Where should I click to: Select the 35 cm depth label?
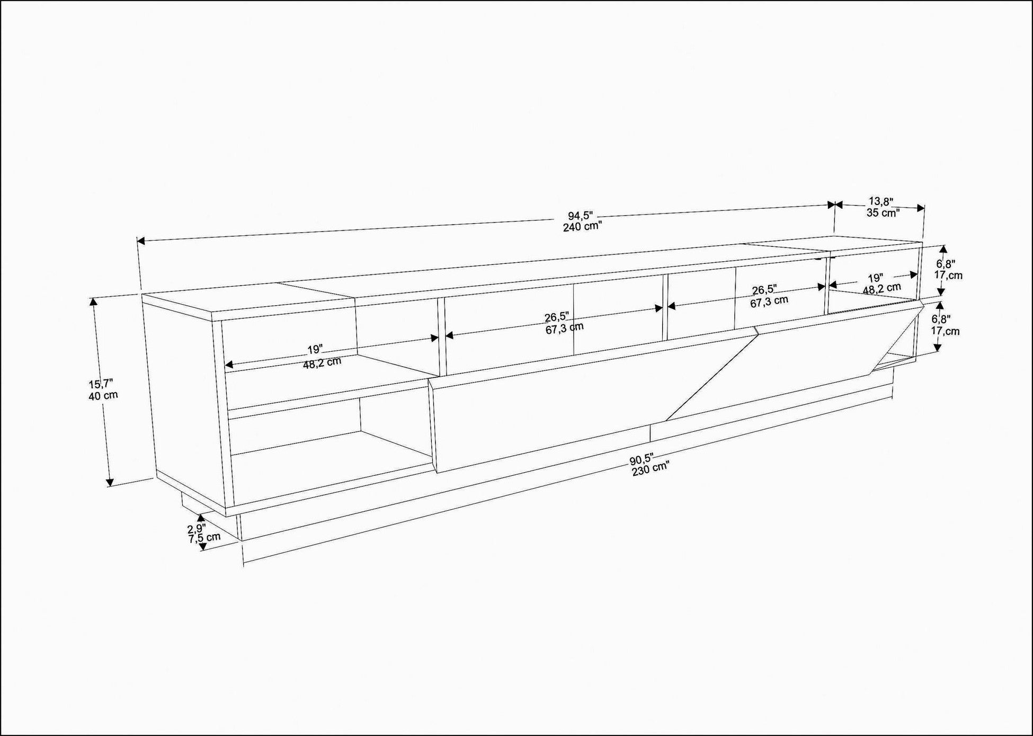point(883,212)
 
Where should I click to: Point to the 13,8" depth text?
point(881,201)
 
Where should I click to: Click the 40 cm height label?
point(103,395)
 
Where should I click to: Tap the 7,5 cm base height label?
point(204,537)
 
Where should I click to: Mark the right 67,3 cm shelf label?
point(769,300)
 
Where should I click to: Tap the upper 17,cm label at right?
point(948,275)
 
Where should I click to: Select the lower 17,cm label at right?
point(945,331)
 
